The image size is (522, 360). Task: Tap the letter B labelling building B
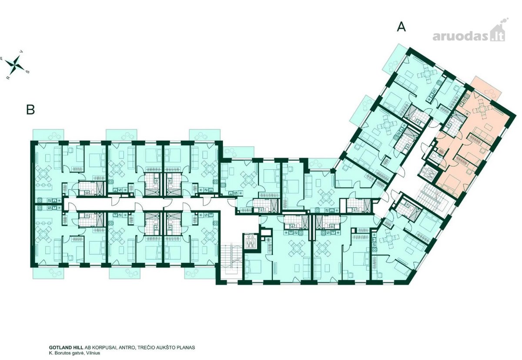pos(30,109)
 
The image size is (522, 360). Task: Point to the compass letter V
pos(22,51)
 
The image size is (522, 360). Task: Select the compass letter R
pos(8,78)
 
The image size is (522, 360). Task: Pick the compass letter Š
pos(28,71)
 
